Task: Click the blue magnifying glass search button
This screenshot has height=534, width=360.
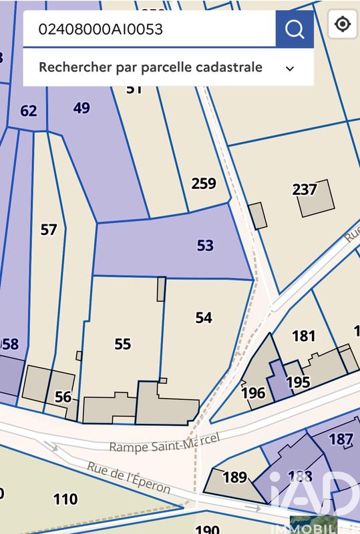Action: [x=295, y=29]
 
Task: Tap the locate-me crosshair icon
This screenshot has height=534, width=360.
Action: [x=343, y=25]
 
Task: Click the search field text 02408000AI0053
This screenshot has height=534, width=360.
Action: [x=101, y=29]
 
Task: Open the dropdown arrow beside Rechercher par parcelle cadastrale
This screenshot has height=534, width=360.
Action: [x=290, y=68]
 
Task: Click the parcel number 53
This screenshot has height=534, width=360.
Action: [x=205, y=246]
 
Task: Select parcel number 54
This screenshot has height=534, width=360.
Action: [x=204, y=318]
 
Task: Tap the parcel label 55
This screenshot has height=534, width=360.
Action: [x=122, y=344]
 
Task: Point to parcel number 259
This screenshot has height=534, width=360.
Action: [x=204, y=184]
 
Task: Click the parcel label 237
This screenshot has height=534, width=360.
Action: [x=305, y=190]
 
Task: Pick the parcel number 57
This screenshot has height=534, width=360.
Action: [x=49, y=230]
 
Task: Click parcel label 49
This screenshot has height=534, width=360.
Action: [x=81, y=108]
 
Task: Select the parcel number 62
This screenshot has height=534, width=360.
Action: [x=29, y=111]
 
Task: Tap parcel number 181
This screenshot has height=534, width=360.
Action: [x=304, y=336]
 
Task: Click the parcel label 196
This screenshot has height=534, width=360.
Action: [x=253, y=393]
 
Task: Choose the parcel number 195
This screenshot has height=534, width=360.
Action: [x=298, y=382]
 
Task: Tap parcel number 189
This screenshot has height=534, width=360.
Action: [x=234, y=478]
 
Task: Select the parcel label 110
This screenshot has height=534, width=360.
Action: [x=65, y=499]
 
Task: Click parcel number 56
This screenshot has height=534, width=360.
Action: [x=63, y=397]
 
